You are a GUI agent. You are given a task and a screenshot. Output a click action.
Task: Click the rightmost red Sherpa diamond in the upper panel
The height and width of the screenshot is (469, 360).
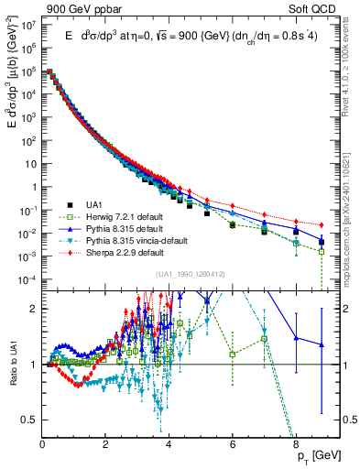[322, 225]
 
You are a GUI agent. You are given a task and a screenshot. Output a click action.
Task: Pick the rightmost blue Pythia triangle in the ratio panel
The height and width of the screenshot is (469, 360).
[322, 344]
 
